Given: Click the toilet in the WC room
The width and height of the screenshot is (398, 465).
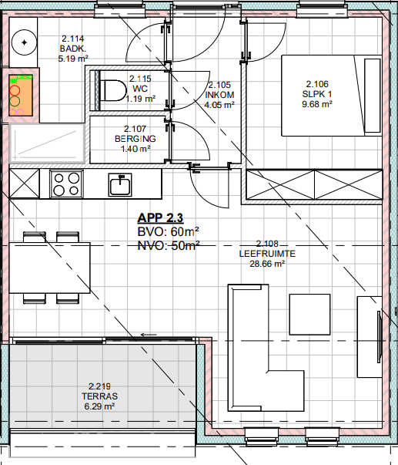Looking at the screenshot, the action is [x=112, y=90].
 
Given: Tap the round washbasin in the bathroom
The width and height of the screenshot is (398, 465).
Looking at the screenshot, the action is [x=25, y=42].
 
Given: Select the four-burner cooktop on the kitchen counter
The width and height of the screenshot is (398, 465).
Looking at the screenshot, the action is [x=66, y=184].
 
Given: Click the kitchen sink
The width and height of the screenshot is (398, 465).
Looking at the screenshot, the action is [x=120, y=185].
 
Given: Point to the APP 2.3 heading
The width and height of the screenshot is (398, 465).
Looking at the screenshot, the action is [x=160, y=218].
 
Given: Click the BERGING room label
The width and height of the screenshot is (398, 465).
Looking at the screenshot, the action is [x=135, y=139].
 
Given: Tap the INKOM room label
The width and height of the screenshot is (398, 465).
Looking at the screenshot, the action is [x=219, y=95].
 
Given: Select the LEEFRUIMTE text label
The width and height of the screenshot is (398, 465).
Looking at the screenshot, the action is [x=267, y=254].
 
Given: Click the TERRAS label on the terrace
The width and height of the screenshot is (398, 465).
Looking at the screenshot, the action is [x=100, y=396].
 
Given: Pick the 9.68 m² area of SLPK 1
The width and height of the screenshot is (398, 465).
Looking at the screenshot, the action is [x=317, y=104].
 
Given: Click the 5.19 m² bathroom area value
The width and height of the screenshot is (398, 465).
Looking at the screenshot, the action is [x=73, y=59].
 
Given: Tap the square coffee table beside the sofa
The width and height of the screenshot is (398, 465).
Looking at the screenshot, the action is [x=309, y=315].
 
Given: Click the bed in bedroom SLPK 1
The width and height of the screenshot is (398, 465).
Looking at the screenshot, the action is [x=332, y=96].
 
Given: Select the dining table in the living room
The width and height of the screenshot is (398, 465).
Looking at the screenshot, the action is [x=49, y=268].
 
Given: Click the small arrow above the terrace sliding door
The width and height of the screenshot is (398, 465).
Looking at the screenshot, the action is [x=149, y=335].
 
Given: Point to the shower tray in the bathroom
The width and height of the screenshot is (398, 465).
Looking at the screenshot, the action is [x=48, y=143].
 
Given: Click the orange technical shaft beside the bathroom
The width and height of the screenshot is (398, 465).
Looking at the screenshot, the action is [x=21, y=95].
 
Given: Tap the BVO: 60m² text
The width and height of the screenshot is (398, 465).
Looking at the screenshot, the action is [x=168, y=231].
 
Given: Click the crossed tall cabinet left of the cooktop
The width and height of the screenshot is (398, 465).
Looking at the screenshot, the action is [x=25, y=184].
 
